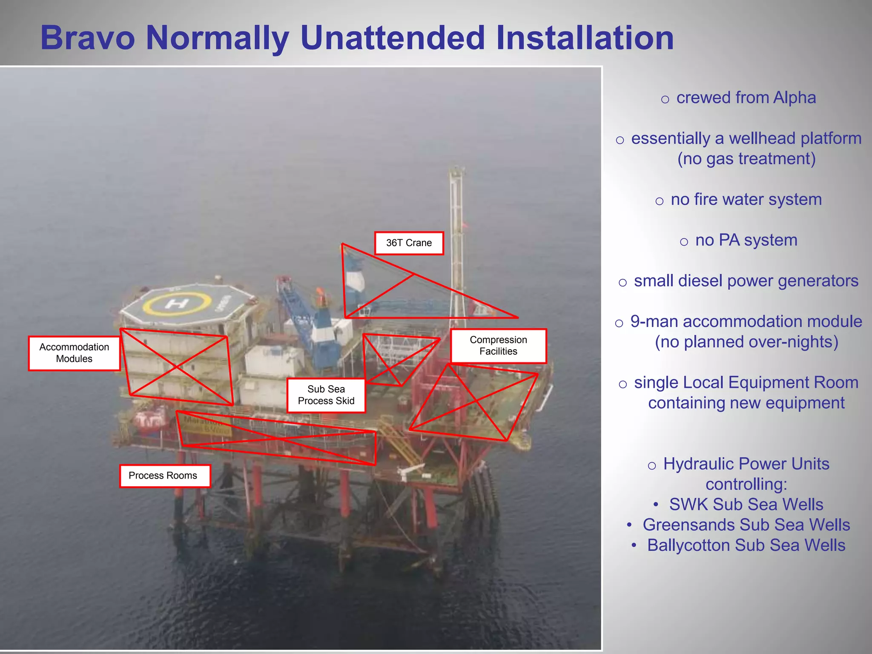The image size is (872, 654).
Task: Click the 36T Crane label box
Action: tap(409, 243)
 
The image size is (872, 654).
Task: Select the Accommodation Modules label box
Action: tap(74, 353)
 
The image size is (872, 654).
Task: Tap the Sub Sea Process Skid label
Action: tap(326, 395)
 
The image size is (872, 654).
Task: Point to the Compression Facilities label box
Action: tap(498, 346)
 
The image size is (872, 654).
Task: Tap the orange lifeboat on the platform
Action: tap(150, 419)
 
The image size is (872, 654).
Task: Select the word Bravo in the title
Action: tap(88, 38)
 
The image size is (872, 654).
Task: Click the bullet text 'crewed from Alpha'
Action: tap(746, 98)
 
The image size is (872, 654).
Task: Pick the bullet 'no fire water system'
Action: tap(746, 200)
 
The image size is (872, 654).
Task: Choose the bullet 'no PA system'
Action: tap(746, 241)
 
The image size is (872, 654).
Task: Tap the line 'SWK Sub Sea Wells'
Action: tap(746, 505)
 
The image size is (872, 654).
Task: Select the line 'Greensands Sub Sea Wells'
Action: tap(746, 525)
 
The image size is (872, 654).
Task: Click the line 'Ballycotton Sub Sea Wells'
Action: tap(746, 545)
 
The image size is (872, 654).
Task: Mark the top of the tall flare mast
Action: tap(456, 171)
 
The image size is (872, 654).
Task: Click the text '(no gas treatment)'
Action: tap(746, 159)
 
